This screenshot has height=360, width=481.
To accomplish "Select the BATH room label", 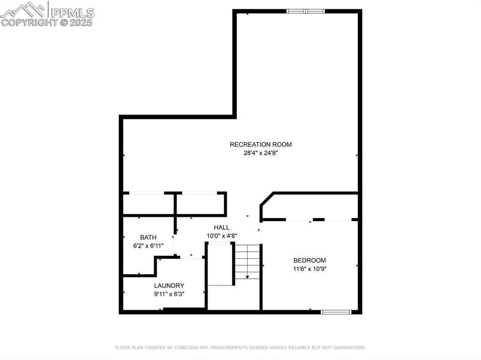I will (148, 237).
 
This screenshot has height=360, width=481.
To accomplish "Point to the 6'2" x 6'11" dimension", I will (148, 245).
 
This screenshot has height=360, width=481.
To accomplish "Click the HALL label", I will (222, 227).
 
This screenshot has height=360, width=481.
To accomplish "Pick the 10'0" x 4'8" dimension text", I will (222, 235).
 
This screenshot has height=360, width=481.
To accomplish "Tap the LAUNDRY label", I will (169, 285).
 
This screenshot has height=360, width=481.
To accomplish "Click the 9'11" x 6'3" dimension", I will (169, 294).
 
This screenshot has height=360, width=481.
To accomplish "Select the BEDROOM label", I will (310, 260).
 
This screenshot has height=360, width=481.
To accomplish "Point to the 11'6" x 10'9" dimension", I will (310, 269).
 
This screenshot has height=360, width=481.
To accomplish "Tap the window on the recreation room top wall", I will (306, 11).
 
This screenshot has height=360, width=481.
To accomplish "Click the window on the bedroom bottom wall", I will (336, 311).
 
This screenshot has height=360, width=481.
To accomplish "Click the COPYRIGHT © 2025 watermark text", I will (47, 22).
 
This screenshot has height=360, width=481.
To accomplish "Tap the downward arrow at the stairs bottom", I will (247, 277).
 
